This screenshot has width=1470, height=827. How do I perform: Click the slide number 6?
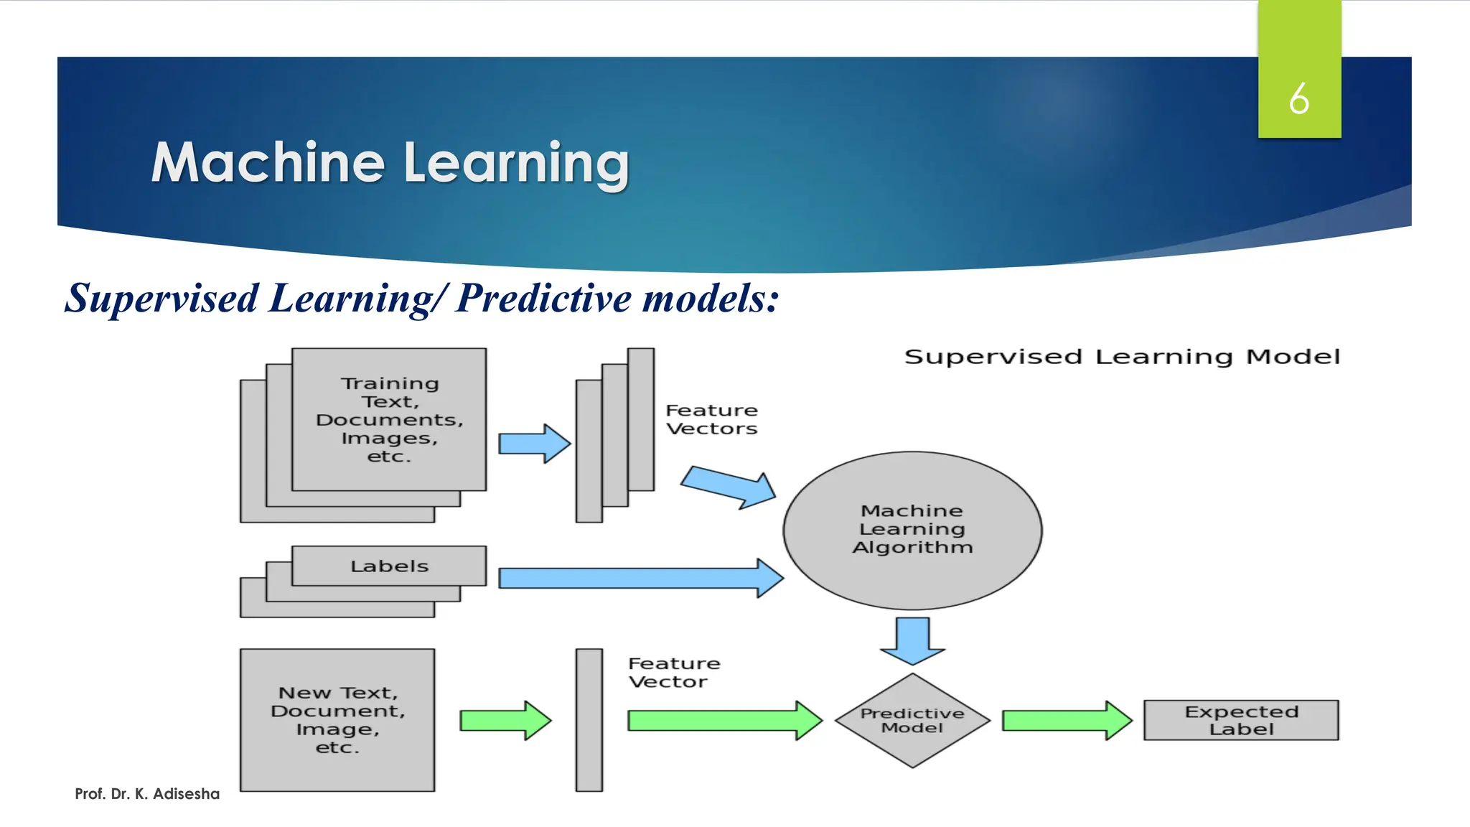(1298, 98)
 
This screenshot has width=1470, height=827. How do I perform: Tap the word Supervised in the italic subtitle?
(162, 298)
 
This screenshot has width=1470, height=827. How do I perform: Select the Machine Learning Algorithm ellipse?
(912, 530)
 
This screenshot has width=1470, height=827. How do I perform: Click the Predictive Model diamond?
(912, 720)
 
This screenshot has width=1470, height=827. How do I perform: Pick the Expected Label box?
(1241, 720)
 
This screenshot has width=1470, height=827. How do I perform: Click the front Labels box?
(389, 566)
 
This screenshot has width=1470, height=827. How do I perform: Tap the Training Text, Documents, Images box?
(389, 419)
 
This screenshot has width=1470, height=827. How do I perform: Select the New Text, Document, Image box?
(337, 720)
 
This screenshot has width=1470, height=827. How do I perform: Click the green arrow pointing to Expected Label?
(1066, 720)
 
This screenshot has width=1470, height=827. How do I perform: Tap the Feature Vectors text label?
(711, 419)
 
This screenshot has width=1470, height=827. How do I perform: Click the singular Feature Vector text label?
(673, 672)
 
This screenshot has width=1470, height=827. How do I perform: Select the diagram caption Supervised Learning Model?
(1122, 357)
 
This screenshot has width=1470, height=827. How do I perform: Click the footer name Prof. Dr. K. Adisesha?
(147, 793)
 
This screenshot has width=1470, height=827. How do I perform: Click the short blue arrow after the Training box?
(534, 443)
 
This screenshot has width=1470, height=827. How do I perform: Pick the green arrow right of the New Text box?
(505, 720)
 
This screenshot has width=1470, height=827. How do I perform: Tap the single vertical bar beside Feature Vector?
(589, 720)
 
